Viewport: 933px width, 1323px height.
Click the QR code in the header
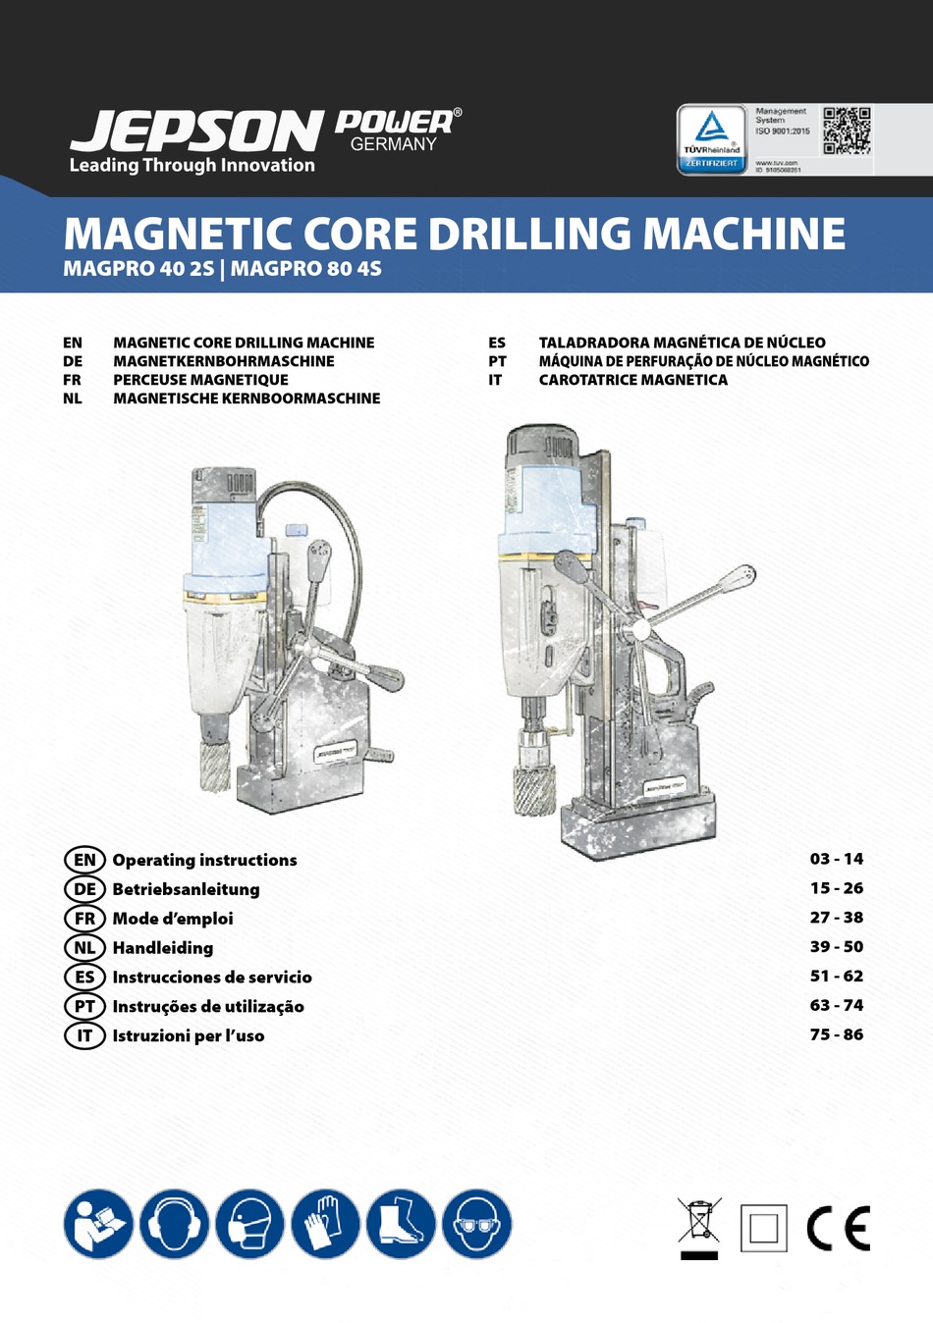coord(847,131)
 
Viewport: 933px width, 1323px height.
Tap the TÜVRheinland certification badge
coord(712,138)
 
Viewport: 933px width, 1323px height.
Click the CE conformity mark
coord(838,1228)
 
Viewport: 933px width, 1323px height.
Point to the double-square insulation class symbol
coord(763,1228)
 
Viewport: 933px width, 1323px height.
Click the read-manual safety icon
coord(98,1224)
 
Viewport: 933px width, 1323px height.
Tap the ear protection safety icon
coord(174,1224)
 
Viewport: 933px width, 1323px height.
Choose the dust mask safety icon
coord(249,1224)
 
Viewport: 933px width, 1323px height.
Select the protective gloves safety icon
coord(325,1224)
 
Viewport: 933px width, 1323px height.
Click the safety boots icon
coord(401,1224)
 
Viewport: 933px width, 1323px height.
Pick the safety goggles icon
coord(476,1224)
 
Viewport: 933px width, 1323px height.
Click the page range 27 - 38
coord(837,918)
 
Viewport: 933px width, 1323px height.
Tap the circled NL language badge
coord(84,948)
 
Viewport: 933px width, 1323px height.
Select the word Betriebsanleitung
coord(186,889)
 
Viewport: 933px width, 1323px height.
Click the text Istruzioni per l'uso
coord(188,1035)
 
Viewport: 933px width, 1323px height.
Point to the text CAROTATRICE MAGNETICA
coord(632,380)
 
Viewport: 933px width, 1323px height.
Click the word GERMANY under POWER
coord(393,144)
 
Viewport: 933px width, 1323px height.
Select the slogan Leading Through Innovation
coord(192,165)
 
